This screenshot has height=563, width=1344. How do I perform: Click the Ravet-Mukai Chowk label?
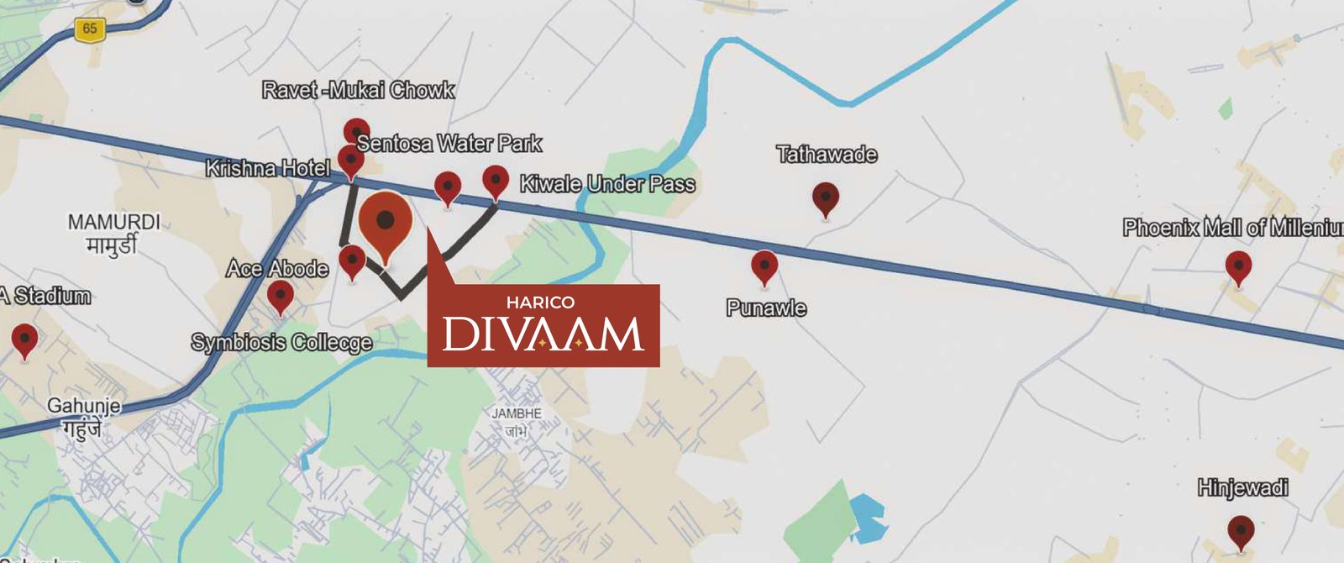click(x=358, y=90)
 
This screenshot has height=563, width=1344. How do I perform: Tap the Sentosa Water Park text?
click(x=449, y=144)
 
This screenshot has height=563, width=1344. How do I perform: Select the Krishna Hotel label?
click(x=268, y=169)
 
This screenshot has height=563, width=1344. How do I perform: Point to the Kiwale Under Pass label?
click(x=607, y=184)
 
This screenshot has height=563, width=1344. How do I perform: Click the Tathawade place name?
click(x=827, y=155)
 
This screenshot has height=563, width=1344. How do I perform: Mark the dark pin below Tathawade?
click(x=826, y=199)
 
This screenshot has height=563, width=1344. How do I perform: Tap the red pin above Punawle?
click(x=764, y=266)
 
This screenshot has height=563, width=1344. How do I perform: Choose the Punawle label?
click(x=766, y=308)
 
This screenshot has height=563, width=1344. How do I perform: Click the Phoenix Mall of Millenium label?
click(x=1232, y=228)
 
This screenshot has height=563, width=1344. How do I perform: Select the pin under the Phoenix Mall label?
click(x=1238, y=267)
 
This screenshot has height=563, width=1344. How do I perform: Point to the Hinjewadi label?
click(x=1242, y=488)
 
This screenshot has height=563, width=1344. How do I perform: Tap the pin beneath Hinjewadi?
click(x=1241, y=532)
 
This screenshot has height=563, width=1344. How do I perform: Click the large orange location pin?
click(x=386, y=223)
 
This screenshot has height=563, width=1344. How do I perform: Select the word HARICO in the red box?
click(x=540, y=303)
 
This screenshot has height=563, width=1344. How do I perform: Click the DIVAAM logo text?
click(x=543, y=334)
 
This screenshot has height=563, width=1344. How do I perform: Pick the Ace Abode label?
click(x=277, y=269)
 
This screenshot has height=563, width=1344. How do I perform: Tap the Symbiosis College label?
click(x=281, y=343)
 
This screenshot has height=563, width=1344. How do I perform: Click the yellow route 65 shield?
click(x=89, y=29)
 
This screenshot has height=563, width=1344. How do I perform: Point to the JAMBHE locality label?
click(x=517, y=413)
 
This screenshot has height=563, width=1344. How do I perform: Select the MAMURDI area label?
click(x=113, y=223)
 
